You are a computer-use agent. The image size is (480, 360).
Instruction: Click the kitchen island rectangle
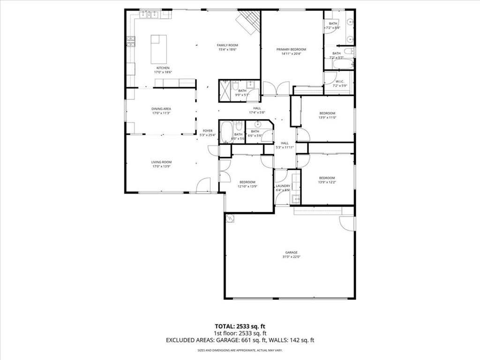(159, 49)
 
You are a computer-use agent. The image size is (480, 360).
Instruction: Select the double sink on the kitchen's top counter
(150, 15)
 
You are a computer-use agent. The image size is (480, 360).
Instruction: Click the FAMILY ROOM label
(227, 45)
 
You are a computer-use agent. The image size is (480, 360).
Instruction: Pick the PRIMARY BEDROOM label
(291, 49)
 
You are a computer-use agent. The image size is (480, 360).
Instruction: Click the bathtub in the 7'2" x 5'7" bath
(342, 64)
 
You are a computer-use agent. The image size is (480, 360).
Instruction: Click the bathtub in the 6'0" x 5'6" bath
(226, 132)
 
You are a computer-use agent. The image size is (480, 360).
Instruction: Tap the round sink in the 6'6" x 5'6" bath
(257, 125)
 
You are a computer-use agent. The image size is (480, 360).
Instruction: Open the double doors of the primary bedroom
(276, 89)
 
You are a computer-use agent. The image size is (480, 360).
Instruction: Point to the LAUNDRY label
(283, 186)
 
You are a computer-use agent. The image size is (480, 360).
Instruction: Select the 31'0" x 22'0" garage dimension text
(291, 257)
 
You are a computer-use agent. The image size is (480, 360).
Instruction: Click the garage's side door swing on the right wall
(347, 224)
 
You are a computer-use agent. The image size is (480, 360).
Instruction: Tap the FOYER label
(207, 131)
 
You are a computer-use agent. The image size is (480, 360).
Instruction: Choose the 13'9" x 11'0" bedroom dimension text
(327, 118)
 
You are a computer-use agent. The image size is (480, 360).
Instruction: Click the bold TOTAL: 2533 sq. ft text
(240, 326)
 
